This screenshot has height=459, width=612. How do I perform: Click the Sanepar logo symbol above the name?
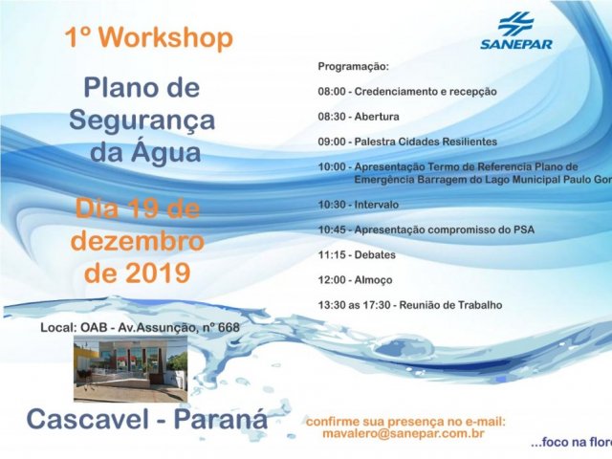point(516,23)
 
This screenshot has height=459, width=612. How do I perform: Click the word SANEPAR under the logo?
point(516,43)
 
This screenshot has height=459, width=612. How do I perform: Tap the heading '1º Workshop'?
point(148,38)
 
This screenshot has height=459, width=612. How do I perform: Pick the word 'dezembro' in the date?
point(137,240)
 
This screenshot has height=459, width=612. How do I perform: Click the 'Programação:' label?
point(353,68)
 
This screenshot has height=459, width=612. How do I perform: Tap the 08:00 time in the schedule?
point(332,92)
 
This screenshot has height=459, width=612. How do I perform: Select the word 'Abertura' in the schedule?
point(378,117)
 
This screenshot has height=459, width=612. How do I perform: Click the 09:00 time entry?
point(332,142)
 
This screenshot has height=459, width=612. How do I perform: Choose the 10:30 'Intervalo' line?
point(359,205)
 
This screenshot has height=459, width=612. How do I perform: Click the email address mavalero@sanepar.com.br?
point(405,434)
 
